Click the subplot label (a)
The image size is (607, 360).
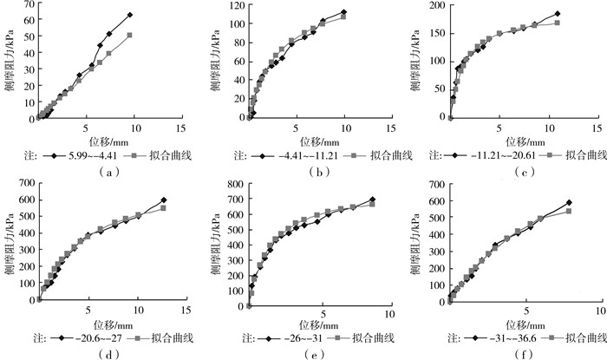tap(104, 173)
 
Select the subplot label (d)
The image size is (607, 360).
tap(104, 354)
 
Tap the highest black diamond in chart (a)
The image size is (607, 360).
tap(129, 15)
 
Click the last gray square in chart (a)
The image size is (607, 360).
tap(129, 36)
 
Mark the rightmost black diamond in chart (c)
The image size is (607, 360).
tap(557, 14)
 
